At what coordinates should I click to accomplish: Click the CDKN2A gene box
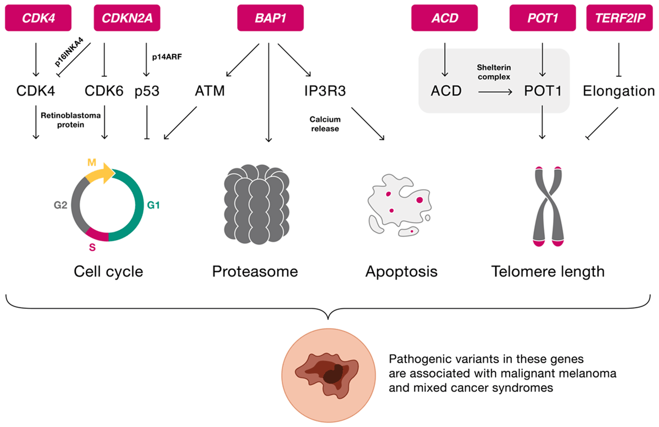127,18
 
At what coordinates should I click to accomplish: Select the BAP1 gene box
270,18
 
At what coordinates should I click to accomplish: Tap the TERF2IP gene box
619,18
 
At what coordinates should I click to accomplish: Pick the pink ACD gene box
444,18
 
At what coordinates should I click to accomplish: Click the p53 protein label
147,91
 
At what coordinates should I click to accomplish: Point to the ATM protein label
210,91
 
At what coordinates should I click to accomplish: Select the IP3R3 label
325,91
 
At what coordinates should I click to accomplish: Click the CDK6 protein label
104,91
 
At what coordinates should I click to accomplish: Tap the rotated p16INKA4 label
69,52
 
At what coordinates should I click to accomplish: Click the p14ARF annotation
167,57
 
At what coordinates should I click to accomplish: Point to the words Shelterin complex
494,72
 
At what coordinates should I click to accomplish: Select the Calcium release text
325,124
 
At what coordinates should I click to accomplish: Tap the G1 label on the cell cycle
153,205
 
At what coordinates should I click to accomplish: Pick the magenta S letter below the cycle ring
92,247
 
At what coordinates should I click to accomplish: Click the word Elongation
619,91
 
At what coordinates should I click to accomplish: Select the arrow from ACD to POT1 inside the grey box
495,92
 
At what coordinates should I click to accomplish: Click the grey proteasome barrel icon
256,204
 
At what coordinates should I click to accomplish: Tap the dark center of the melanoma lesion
333,375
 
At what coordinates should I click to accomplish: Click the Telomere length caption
548,271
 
